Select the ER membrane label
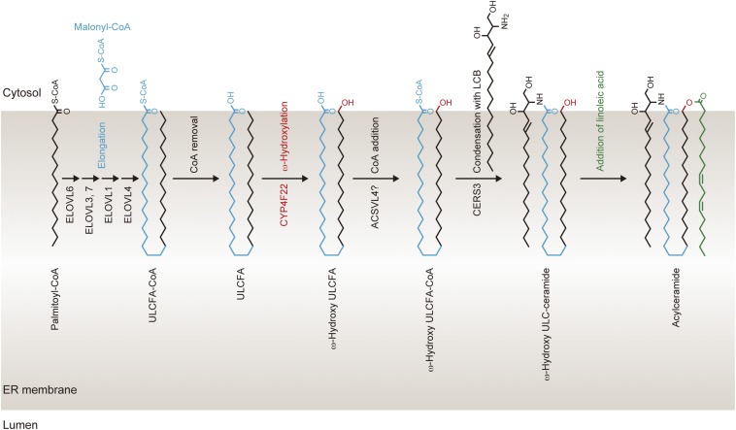(34, 390)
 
